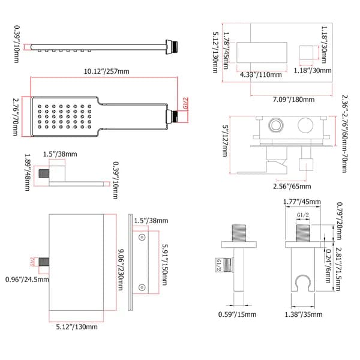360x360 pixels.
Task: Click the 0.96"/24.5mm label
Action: (x=25, y=279)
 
